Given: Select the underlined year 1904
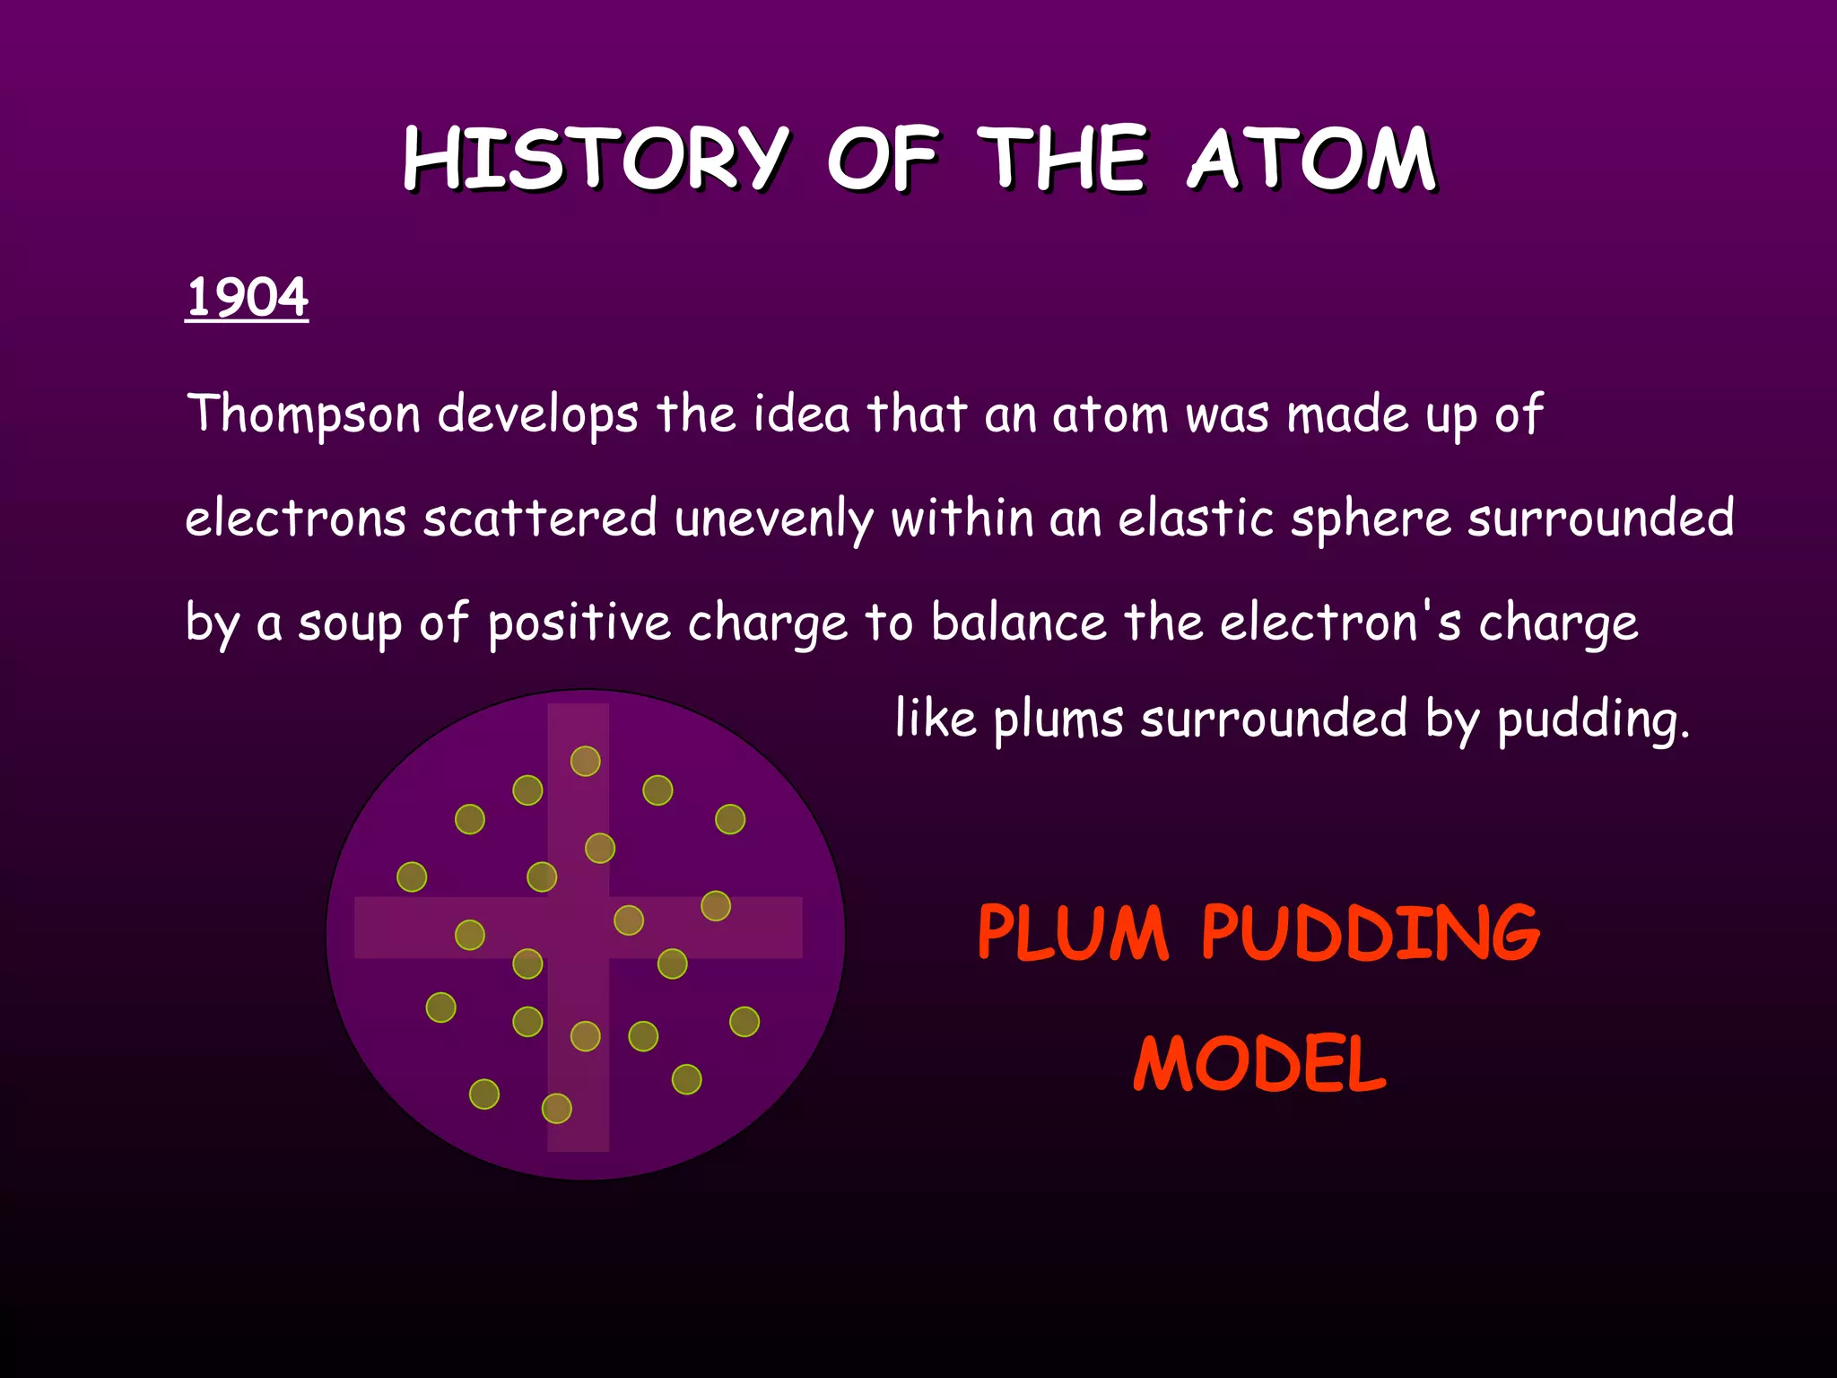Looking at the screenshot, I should click(x=247, y=297).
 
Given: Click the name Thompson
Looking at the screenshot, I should click(x=303, y=414).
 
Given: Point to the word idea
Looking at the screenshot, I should click(x=801, y=414).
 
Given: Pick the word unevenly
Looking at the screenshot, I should click(x=773, y=519).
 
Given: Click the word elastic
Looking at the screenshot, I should click(x=1196, y=519).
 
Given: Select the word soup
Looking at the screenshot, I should click(x=350, y=624).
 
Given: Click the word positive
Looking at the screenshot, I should click(x=579, y=624).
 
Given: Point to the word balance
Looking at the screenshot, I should click(x=1019, y=622).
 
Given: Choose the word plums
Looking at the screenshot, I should click(x=1058, y=720).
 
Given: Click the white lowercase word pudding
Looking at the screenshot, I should click(x=1592, y=720).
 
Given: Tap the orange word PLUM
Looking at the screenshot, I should click(x=1073, y=933).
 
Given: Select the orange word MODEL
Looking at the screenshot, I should click(x=1259, y=1064).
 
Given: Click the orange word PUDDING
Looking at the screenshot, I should click(x=1371, y=933).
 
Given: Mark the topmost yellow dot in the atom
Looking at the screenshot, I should click(x=586, y=761).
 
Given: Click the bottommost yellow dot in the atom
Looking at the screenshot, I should click(x=557, y=1109).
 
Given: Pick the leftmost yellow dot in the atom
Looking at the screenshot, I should click(x=412, y=877).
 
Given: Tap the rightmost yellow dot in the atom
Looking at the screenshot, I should click(x=744, y=1022).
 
